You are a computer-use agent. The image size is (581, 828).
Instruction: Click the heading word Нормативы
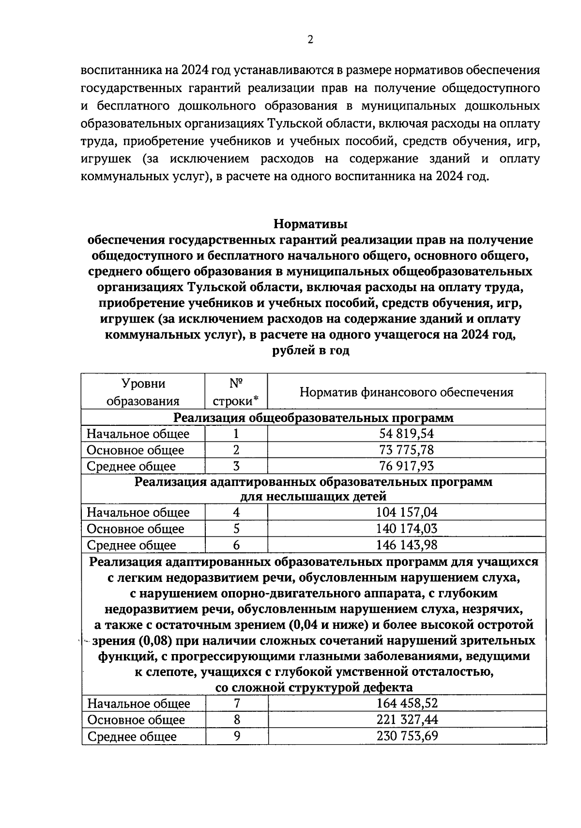pyautogui.click(x=310, y=224)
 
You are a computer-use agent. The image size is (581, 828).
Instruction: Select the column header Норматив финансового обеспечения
pyautogui.click(x=406, y=392)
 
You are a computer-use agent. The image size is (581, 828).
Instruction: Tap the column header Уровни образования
pyautogui.click(x=143, y=392)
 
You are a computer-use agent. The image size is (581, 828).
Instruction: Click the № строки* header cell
pyautogui.click(x=236, y=392)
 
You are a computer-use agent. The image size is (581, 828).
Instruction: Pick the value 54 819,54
pyautogui.click(x=406, y=434)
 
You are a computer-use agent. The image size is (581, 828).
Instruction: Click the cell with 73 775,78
pyautogui.click(x=406, y=450)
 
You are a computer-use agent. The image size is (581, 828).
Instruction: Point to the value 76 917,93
pyautogui.click(x=406, y=466)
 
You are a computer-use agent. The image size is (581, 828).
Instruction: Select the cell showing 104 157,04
pyautogui.click(x=406, y=512)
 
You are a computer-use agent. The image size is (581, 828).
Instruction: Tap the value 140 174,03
pyautogui.click(x=406, y=529)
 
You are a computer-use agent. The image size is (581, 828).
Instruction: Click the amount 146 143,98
pyautogui.click(x=406, y=545)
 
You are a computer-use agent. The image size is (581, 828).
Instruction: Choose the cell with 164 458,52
pyautogui.click(x=407, y=703)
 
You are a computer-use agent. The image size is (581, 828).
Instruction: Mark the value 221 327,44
pyautogui.click(x=407, y=719)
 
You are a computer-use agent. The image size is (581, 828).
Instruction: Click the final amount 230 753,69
pyautogui.click(x=407, y=736)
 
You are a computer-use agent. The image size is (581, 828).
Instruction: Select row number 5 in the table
pyautogui.click(x=236, y=529)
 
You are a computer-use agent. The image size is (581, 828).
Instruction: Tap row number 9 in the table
pyautogui.click(x=237, y=736)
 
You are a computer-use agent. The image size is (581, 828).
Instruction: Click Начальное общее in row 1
pyautogui.click(x=138, y=434)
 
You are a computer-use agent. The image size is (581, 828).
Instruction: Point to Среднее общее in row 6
pyautogui.click(x=131, y=545)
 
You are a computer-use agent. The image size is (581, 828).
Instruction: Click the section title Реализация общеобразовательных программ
pyautogui.click(x=313, y=418)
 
